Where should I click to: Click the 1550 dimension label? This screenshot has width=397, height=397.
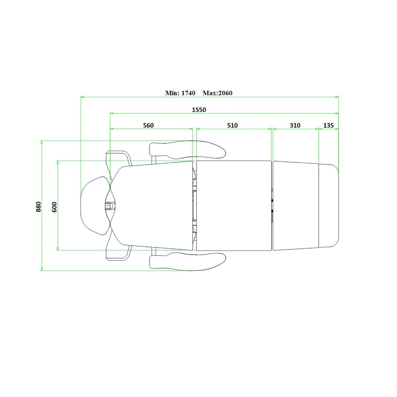199,110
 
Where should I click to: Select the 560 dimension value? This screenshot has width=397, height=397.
148,125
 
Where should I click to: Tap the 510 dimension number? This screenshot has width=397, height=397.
232,125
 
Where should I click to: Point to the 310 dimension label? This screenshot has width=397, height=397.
295,125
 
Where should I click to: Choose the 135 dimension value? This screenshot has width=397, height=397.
329,125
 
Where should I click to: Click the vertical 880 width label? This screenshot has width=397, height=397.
38,207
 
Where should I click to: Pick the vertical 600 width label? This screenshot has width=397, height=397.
54,207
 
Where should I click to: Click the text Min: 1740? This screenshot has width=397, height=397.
180,93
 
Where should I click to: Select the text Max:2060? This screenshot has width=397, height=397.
218,93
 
